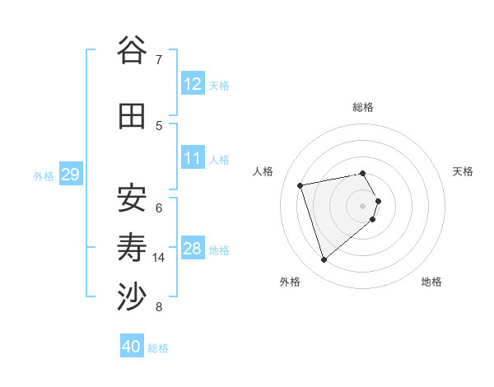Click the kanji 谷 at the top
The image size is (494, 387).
pyautogui.click(x=131, y=51)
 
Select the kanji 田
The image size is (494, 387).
pyautogui.click(x=131, y=116)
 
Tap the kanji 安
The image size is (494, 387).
pyautogui.click(x=131, y=198)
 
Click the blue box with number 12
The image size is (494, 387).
pyautogui.click(x=193, y=84)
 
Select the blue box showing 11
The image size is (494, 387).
pyautogui.click(x=193, y=158)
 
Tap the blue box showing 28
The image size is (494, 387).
pyautogui.click(x=193, y=249)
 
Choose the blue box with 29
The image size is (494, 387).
pyautogui.click(x=70, y=175)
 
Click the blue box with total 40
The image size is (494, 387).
pyautogui.click(x=132, y=347)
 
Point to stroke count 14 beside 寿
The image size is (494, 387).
pyautogui.click(x=159, y=258)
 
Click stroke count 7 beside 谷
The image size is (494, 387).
pyautogui.click(x=158, y=60)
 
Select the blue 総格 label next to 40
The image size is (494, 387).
pyautogui.click(x=158, y=348)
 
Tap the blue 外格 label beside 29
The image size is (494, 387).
pyautogui.click(x=44, y=176)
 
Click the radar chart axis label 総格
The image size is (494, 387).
pyautogui.click(x=362, y=107)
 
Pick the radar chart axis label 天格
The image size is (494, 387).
pyautogui.click(x=463, y=171)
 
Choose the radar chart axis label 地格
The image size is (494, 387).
pyautogui.click(x=431, y=282)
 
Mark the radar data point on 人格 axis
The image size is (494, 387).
pyautogui.click(x=301, y=184)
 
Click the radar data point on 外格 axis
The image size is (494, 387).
pyautogui.click(x=324, y=260)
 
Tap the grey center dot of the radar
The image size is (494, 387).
pyautogui.click(x=362, y=205)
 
